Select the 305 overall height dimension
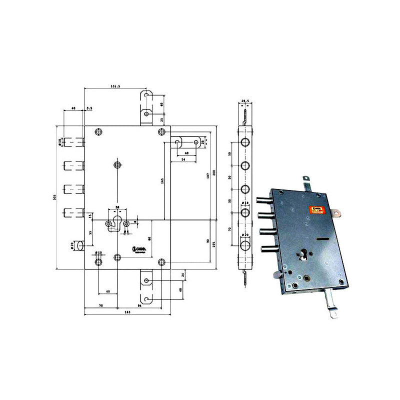point(54,197)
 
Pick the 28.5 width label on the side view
point(245,101)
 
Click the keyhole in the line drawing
point(117,223)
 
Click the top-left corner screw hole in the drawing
point(98,131)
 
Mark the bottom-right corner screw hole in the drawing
point(161,261)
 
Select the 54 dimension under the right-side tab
point(183,159)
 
